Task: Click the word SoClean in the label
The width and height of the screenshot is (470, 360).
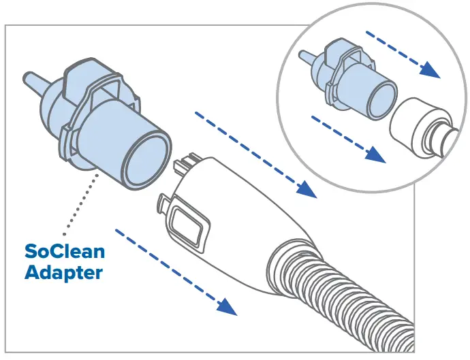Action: (x=65, y=251)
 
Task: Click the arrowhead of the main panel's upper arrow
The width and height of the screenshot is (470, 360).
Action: (x=308, y=190)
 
